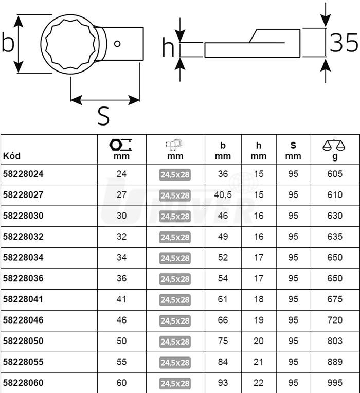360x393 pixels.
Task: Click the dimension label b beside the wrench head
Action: (x=7, y=44)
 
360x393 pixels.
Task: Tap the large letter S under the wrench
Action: (x=103, y=116)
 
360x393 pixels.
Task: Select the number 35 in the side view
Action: (x=343, y=44)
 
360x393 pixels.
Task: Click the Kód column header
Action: (x=12, y=156)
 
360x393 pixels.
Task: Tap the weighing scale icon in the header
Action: (x=334, y=145)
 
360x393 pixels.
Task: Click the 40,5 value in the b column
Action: (x=223, y=195)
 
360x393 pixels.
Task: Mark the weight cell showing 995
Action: (x=334, y=383)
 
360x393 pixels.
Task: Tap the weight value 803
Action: (x=334, y=341)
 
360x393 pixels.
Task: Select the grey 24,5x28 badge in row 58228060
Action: (x=175, y=383)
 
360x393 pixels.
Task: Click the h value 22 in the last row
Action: (x=259, y=383)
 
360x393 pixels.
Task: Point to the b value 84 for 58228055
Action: (x=223, y=362)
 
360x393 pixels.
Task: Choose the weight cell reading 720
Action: (x=334, y=320)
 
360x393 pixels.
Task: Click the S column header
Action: (x=293, y=150)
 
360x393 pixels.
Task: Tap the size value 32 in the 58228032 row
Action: (x=121, y=237)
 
